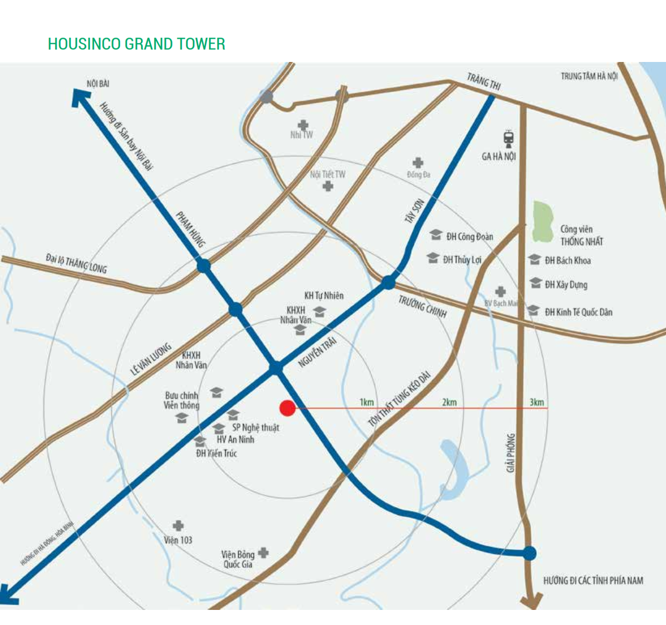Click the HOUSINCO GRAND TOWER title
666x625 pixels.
136,44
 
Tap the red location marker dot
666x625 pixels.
288,408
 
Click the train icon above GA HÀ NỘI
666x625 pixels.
509,138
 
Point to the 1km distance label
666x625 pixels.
366,402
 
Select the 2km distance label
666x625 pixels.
449,402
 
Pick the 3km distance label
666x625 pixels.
536,402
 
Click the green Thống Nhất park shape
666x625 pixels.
543,221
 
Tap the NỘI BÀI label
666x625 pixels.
98,84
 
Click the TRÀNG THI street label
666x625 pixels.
483,81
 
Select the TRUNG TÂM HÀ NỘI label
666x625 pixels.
589,77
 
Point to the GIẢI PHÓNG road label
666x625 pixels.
511,453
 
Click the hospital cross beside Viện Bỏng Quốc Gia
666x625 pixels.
263,553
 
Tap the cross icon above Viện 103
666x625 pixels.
178,525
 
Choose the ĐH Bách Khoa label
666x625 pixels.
567,261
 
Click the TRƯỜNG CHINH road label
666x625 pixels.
422,307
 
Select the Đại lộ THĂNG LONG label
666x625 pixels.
76,263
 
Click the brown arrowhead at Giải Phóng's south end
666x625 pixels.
531,600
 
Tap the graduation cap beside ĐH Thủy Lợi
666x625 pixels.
433,258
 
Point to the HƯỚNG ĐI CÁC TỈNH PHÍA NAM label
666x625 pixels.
593,580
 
